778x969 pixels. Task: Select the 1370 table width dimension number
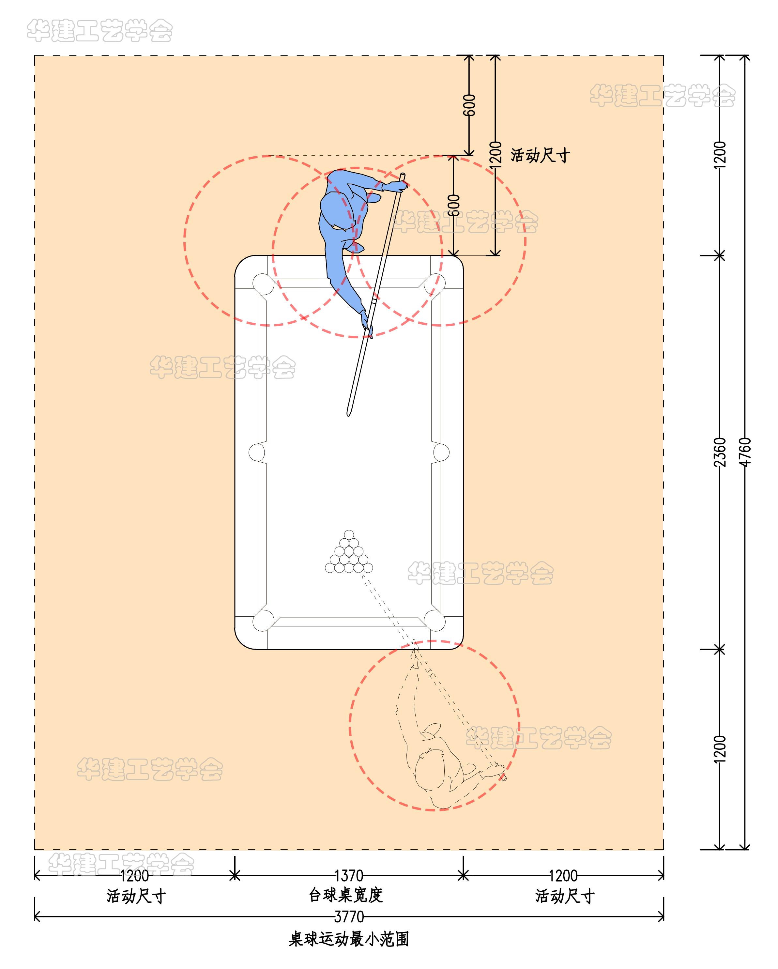(x=349, y=875)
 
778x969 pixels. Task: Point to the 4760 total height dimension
(x=745, y=452)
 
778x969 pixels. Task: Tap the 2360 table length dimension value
(x=720, y=452)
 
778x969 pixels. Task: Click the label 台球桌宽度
(x=345, y=895)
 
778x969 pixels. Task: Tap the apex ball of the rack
(x=349, y=534)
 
